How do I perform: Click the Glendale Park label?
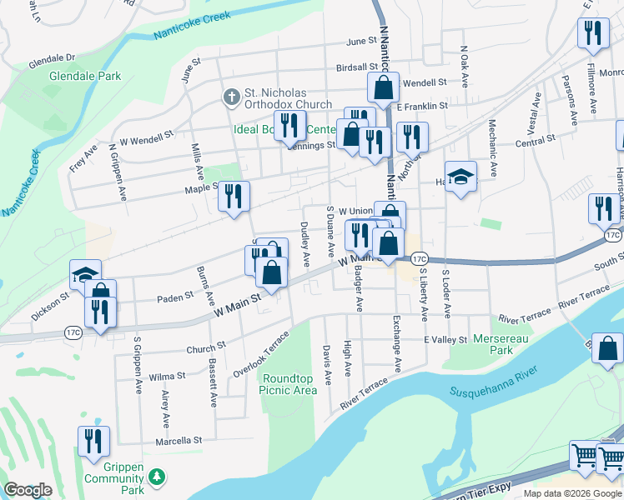click(x=85, y=76)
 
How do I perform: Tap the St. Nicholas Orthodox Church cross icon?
click(x=231, y=97)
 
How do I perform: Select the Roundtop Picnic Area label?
click(x=288, y=383)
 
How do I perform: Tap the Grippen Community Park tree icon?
click(x=155, y=477)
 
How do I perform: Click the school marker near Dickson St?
click(x=85, y=274)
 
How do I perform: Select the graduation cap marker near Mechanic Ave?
click(x=460, y=177)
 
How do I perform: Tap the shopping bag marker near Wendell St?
click(x=383, y=87)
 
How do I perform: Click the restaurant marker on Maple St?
click(x=234, y=196)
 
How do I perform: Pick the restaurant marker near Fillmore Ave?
click(x=593, y=32)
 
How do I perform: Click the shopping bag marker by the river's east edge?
click(x=609, y=348)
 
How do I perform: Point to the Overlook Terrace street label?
click(x=261, y=352)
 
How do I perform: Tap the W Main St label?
click(x=238, y=301)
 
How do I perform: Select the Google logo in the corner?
click(x=28, y=490)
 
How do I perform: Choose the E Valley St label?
click(x=445, y=339)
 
